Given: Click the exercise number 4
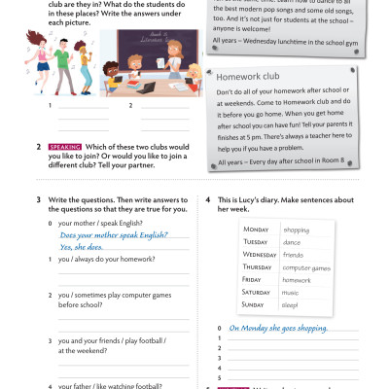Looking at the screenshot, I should point(209,199).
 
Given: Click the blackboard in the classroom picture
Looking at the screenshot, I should point(145,43).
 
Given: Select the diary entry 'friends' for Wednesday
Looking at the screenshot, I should point(295,254).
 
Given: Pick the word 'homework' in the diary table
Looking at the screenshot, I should point(297,279).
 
